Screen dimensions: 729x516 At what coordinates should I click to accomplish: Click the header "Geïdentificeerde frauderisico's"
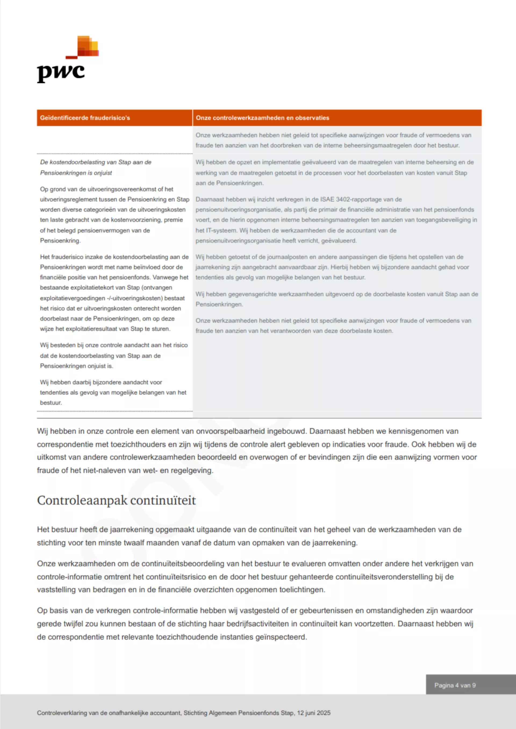point(85,118)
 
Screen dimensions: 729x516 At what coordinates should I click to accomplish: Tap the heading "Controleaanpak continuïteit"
point(116,500)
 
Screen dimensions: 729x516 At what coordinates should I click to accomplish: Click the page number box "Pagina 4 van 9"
point(455,685)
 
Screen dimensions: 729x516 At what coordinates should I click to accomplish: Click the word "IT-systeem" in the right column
point(221,230)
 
